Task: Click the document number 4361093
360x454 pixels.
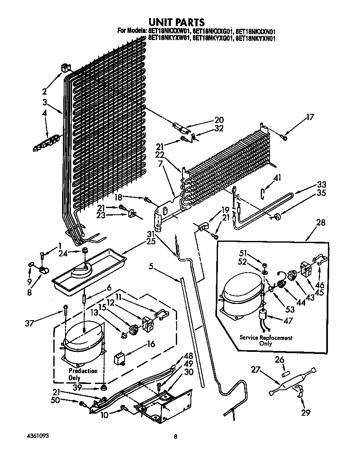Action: pos(32,436)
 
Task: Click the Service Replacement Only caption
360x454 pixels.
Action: pos(265,341)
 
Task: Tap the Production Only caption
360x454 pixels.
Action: pos(82,374)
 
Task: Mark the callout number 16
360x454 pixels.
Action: pos(151,344)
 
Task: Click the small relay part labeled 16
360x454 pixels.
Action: pos(120,359)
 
